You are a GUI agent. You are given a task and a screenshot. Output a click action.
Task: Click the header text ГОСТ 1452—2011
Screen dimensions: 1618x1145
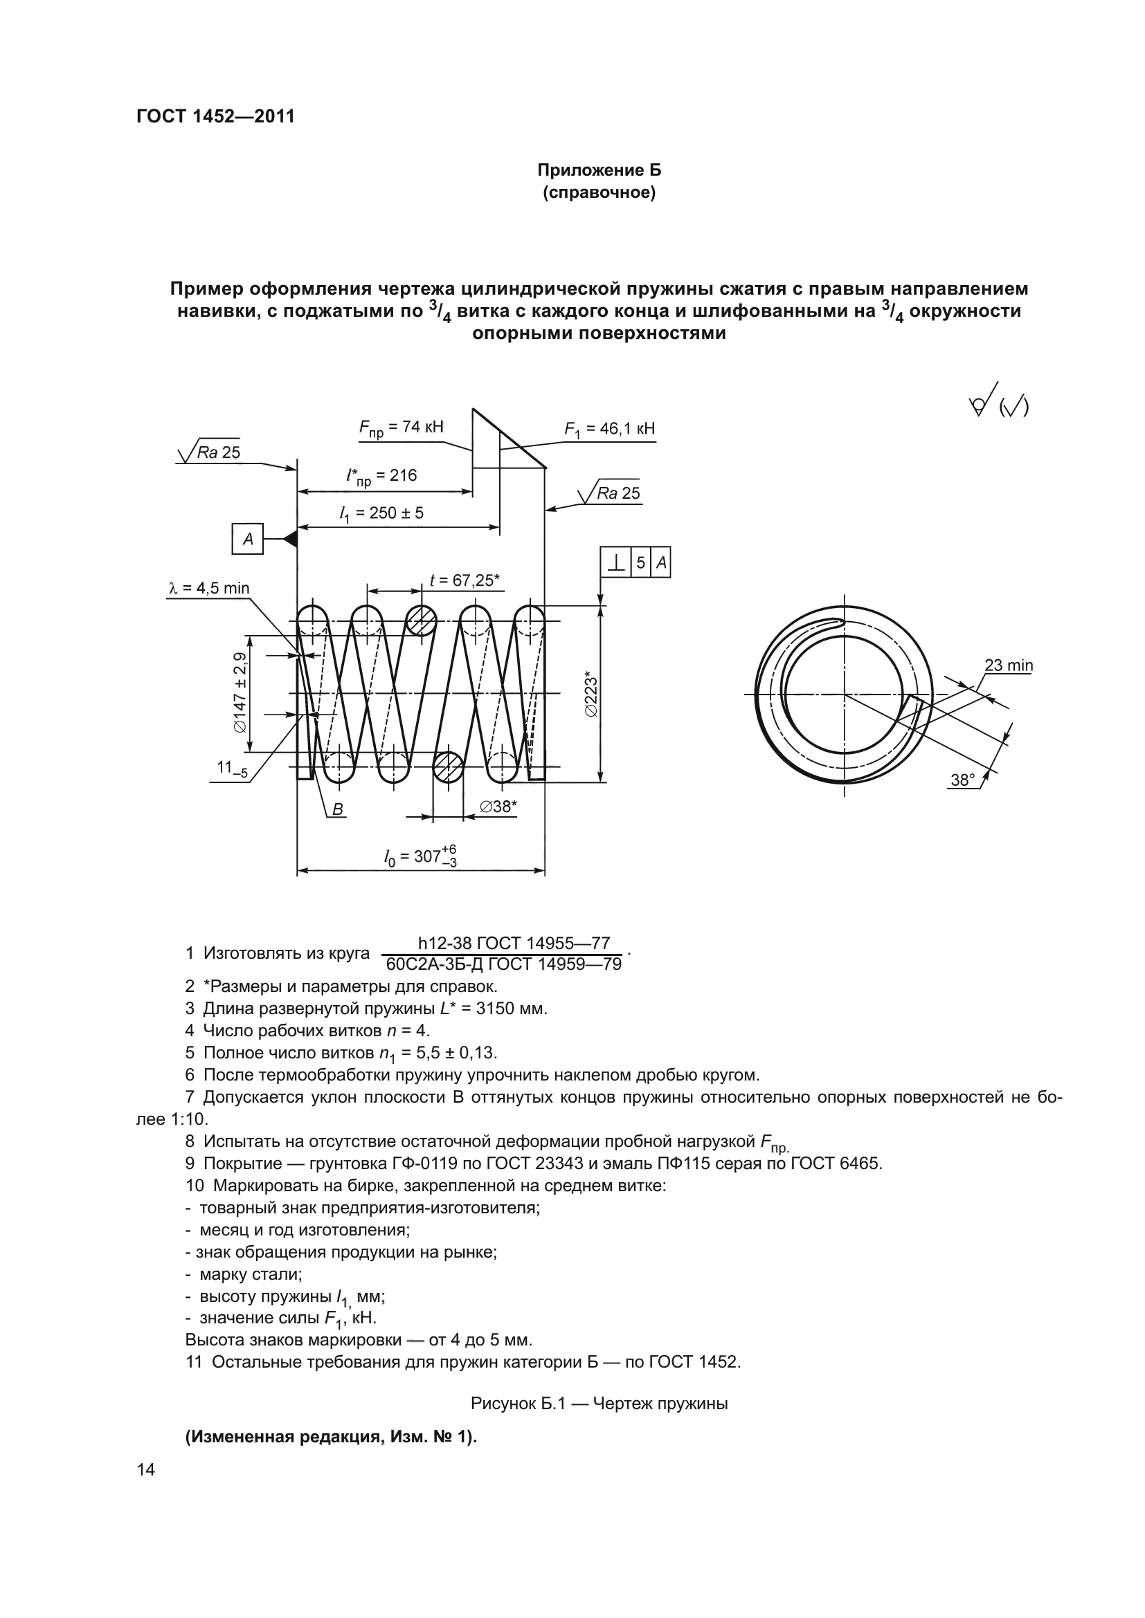tap(215, 116)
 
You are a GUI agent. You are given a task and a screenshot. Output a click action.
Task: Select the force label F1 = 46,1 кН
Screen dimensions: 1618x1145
tap(609, 429)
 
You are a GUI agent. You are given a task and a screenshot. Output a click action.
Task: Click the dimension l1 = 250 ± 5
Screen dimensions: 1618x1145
tap(381, 514)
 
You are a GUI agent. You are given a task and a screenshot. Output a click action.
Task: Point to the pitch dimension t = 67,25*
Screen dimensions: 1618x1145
tap(465, 580)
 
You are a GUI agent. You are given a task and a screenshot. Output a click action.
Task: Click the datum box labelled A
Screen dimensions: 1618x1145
tap(247, 539)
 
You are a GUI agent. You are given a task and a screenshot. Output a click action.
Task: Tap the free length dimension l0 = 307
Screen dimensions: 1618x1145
tap(420, 858)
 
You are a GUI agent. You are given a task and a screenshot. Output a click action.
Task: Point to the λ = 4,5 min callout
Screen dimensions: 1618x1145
tap(208, 589)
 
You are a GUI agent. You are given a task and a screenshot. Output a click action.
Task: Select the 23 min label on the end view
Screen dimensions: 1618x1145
tap(1008, 665)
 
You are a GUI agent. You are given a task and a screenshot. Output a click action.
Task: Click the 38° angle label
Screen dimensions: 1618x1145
tap(962, 780)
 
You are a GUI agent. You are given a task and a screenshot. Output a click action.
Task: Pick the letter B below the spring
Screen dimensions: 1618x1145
tap(338, 810)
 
